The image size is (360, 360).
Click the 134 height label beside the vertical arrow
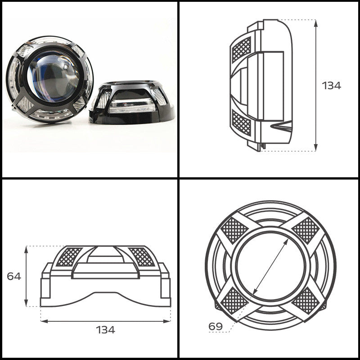331,85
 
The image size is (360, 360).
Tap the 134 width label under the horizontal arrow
105,329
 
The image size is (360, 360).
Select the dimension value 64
14,276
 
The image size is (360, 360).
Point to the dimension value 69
215,325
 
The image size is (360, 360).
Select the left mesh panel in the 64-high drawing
67,256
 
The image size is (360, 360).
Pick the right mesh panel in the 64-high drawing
142,256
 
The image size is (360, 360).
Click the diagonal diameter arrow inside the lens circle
270,265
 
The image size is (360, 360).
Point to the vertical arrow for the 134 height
316,85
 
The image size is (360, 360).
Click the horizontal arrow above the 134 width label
105,321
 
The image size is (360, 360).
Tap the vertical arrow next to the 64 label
27,276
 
